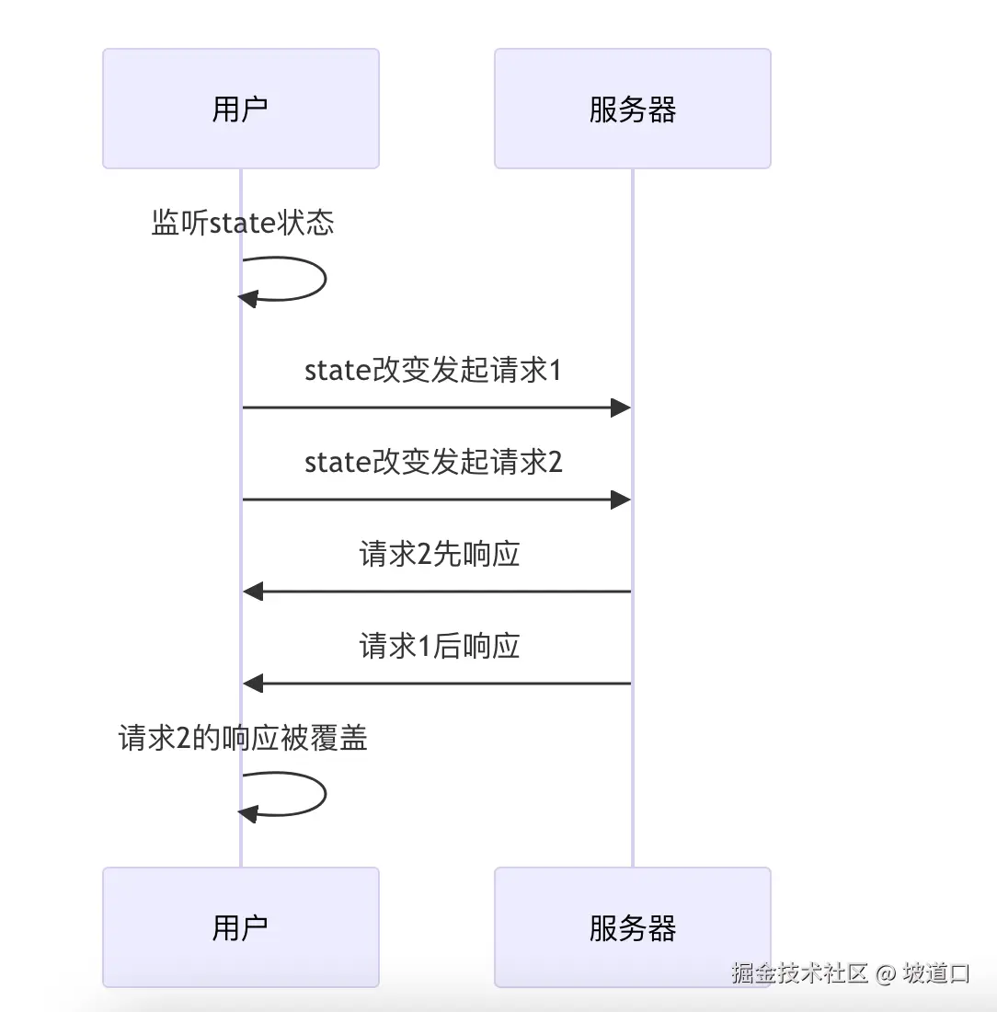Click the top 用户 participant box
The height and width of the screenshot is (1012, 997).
240,109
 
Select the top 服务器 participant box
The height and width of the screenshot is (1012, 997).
632,109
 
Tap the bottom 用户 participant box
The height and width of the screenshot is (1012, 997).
240,927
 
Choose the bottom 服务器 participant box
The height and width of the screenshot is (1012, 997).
632,927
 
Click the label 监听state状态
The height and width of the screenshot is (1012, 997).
242,223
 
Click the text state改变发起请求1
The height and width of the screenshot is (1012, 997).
432,371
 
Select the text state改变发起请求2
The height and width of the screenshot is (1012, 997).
432,463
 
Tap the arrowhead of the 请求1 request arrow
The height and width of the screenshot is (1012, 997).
621,408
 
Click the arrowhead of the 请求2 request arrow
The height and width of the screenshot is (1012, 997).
621,500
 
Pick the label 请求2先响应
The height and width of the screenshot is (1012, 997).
439,555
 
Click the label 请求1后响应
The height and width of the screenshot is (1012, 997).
439,647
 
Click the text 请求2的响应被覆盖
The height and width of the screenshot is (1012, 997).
243,738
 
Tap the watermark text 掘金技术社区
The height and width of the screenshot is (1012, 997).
800,973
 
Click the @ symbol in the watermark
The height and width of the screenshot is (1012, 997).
885,973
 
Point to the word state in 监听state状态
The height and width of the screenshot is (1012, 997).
242,224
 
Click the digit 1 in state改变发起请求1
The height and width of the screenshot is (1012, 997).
555,371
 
